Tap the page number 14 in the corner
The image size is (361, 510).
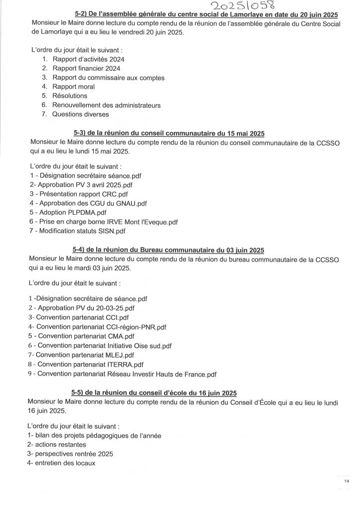point(347,481)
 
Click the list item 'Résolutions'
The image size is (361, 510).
point(69,96)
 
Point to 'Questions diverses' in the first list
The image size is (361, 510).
point(80,114)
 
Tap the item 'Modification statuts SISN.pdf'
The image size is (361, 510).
point(78,231)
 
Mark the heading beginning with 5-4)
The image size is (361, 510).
point(168,250)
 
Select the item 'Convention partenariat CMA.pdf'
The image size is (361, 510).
point(82,336)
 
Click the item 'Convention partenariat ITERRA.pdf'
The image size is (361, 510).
point(83,364)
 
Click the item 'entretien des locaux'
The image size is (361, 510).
point(62,463)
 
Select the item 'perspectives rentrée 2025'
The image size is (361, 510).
point(70,454)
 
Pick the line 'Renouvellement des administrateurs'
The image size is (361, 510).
point(107,105)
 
